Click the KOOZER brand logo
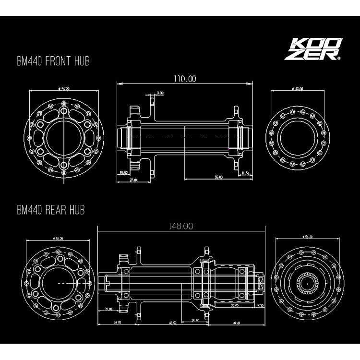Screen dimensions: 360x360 tap(312, 50)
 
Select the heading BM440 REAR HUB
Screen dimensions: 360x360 tap(50, 210)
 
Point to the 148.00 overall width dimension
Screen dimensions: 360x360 tap(181, 227)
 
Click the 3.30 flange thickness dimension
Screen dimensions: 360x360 tap(160, 93)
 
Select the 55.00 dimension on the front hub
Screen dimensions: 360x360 tap(218, 177)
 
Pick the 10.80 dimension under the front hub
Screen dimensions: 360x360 tap(123, 172)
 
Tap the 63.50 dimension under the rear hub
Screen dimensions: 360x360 tap(172, 323)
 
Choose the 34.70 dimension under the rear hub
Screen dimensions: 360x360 tap(117, 323)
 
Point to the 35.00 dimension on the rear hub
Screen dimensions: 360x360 tap(235, 305)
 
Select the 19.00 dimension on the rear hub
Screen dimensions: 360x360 tap(108, 310)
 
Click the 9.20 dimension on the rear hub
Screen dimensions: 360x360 tap(261, 305)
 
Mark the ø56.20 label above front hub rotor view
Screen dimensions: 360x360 tap(63, 89)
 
